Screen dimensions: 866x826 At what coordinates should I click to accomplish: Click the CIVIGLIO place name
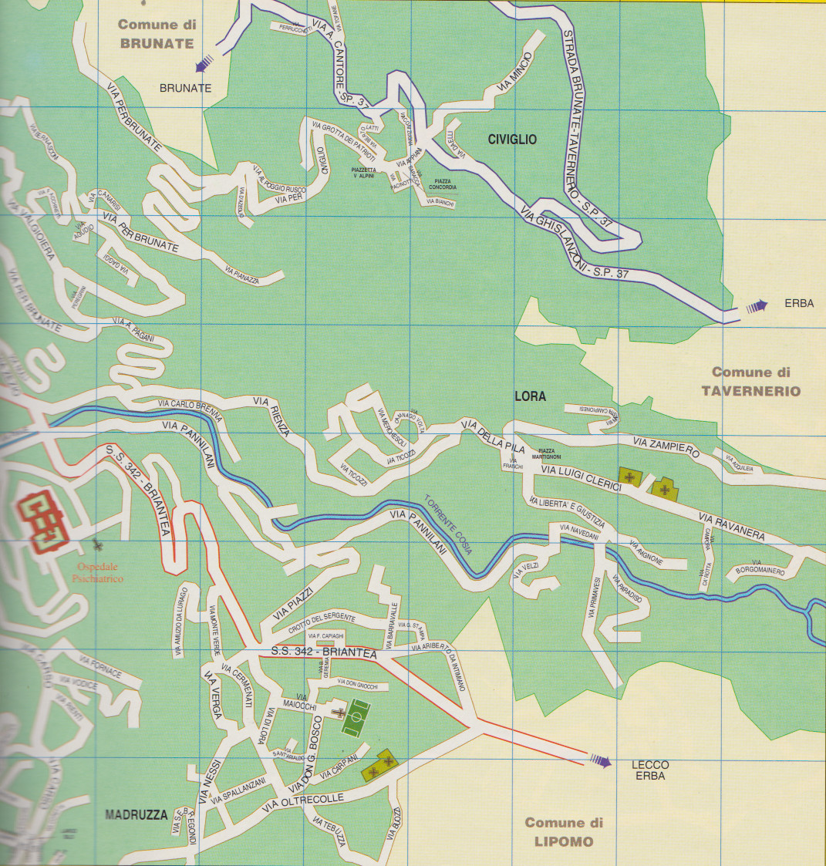click(x=512, y=140)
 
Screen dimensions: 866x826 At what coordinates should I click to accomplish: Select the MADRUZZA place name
click(x=136, y=815)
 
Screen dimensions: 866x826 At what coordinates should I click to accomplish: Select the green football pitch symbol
click(x=356, y=718)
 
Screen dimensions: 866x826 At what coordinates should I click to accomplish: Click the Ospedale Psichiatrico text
click(x=98, y=573)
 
